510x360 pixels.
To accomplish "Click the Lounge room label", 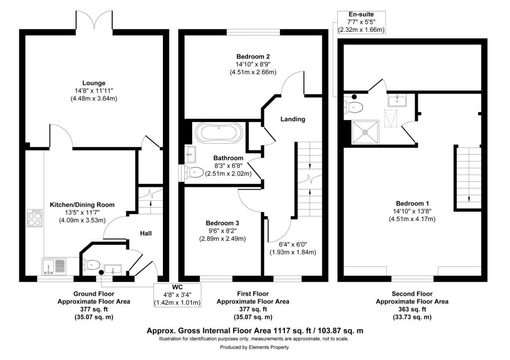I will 94,83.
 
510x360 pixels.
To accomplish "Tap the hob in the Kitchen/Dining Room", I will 35,217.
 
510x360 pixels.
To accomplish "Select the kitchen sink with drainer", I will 54,266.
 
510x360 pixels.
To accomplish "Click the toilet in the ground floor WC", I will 92,264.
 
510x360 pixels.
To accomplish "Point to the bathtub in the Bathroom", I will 219,133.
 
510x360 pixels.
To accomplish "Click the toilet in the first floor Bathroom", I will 194,173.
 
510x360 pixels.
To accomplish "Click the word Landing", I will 292,119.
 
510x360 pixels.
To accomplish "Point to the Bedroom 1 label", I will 412,203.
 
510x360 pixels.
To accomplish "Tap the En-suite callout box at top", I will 360,22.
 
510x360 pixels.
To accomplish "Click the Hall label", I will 145,233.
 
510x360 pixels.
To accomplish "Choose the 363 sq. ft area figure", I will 411,309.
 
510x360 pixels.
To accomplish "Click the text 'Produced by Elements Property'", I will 254,348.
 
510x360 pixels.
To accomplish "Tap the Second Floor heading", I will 412,294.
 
